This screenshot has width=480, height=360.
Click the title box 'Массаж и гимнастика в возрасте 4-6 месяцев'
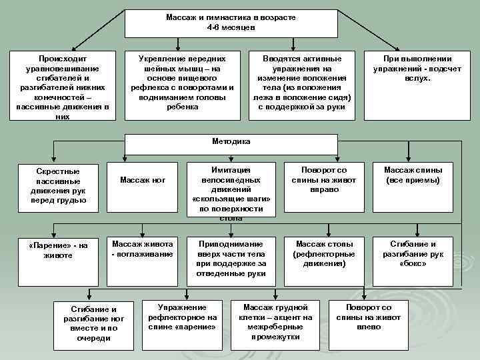coord(231,23)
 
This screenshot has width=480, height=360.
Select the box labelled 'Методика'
coord(231,142)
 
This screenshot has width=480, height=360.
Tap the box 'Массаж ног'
coord(143,180)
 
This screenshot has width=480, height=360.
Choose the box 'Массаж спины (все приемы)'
coord(413,175)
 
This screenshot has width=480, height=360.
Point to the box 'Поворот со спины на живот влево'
coord(363,317)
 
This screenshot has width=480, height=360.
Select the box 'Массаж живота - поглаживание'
coord(142,249)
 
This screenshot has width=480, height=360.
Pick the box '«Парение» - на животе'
coord(59,250)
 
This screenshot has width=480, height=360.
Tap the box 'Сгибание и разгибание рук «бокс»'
coord(413,253)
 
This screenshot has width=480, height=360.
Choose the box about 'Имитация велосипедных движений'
coord(231,189)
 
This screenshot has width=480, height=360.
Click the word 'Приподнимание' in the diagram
coord(231,244)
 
